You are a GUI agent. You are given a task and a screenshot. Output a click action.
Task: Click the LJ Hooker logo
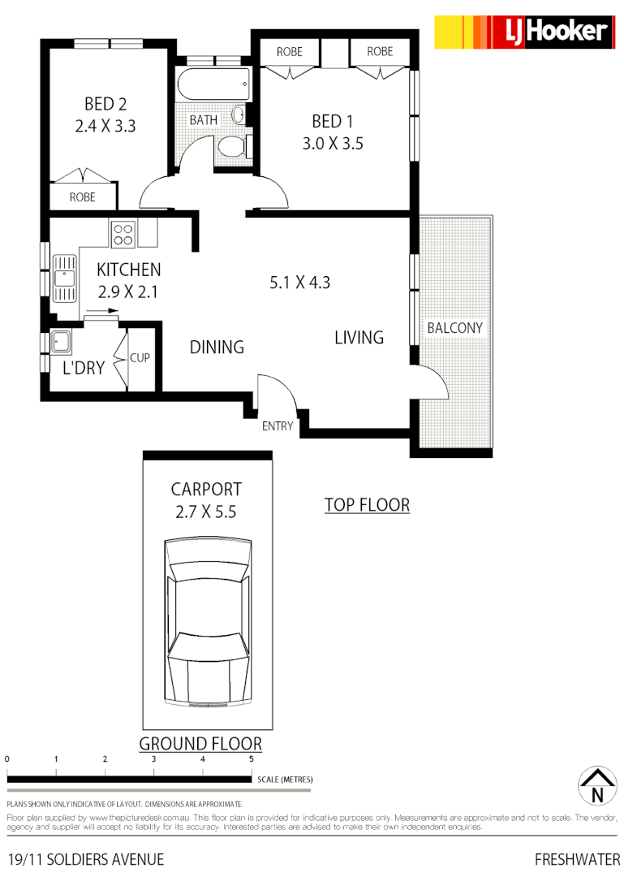click(x=523, y=32)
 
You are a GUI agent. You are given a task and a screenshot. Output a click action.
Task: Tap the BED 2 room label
click(x=105, y=104)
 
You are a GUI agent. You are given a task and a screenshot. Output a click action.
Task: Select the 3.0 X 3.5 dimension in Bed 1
click(x=332, y=144)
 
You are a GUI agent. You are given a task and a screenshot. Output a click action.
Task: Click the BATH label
click(x=204, y=120)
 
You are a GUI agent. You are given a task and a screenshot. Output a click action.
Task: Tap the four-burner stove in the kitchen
click(x=123, y=235)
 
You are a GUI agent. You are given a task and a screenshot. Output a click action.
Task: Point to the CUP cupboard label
click(x=140, y=357)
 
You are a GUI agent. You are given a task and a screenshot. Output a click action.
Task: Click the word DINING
click(x=217, y=348)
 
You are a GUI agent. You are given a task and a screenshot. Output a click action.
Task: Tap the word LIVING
click(x=359, y=338)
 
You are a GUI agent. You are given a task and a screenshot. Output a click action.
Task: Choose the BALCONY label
click(x=454, y=328)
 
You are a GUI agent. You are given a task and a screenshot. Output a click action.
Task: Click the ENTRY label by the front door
click(x=278, y=426)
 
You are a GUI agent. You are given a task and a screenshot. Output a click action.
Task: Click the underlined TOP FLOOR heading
click(x=367, y=505)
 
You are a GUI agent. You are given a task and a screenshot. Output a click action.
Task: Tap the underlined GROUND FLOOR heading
click(x=200, y=743)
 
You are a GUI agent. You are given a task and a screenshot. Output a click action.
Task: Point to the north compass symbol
click(x=596, y=787)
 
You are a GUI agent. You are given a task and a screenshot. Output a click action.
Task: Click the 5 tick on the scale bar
click(x=252, y=759)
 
